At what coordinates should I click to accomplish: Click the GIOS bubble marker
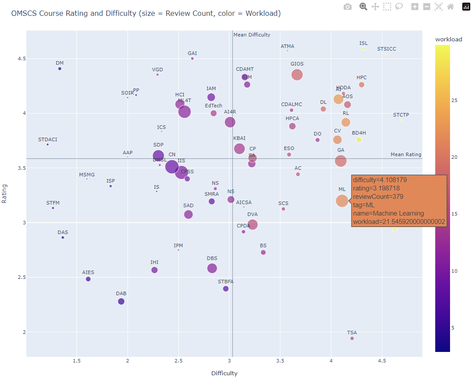coord(297,75)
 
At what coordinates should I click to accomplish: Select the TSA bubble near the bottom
coord(352,338)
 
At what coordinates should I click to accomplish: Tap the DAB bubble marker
coord(121,301)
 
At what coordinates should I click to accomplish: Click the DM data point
coord(60,69)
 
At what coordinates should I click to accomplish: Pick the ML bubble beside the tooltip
coord(342,201)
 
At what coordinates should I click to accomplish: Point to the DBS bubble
coord(212,268)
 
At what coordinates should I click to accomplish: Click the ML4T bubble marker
coord(185,112)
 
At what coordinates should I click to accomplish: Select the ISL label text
coord(363,43)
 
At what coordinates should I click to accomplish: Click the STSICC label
coord(387,49)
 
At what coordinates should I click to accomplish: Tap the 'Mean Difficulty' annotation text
coord(252,35)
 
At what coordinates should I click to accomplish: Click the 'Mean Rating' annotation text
coord(406,154)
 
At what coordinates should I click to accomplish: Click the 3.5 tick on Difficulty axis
coord(280,361)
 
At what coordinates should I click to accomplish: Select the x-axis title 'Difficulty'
coord(224,373)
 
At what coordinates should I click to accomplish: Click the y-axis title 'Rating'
coord(5,193)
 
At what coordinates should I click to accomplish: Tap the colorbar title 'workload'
coord(448,39)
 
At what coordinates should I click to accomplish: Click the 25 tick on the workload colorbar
coord(454,101)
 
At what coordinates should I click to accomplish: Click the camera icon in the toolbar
coord(348,7)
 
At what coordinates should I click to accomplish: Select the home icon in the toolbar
coord(450,7)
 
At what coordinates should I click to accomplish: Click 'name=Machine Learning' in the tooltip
coord(388,213)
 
